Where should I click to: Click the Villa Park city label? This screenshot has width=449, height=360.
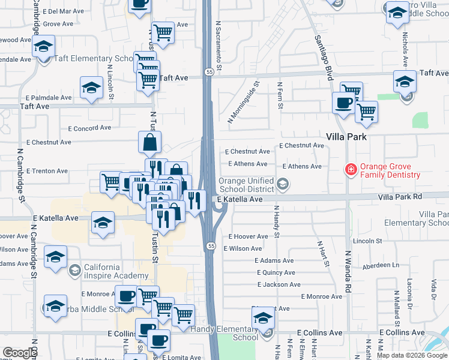click(346, 136)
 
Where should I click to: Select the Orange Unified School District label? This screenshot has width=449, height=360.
click(247, 185)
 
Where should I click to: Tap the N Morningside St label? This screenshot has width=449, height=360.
click(243, 102)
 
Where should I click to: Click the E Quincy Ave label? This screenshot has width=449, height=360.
click(274, 272)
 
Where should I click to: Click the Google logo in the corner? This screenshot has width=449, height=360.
click(20, 353)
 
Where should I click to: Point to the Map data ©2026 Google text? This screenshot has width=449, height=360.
click(412, 355)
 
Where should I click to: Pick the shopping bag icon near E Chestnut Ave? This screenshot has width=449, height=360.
click(149, 143)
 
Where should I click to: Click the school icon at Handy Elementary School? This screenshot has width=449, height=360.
click(263, 319)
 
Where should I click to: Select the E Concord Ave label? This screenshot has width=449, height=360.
click(89, 128)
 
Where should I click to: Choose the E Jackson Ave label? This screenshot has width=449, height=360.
click(277, 284)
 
